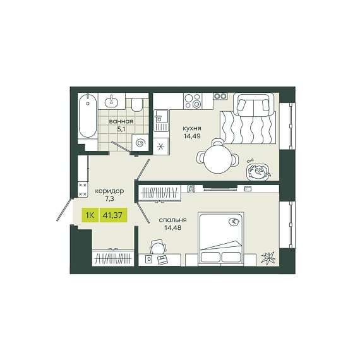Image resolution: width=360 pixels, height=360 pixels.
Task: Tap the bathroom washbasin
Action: (x=112, y=101)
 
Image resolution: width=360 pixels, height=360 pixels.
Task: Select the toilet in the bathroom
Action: (x=137, y=104)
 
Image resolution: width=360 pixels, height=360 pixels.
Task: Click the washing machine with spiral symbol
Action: (x=140, y=143)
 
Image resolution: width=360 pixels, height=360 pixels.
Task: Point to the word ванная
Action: (x=121, y=121)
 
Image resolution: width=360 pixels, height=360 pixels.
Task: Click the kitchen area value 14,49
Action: (x=192, y=136)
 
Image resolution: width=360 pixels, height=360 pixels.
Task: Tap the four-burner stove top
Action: (x=193, y=101)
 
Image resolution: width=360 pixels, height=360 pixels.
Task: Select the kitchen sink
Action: (x=161, y=121)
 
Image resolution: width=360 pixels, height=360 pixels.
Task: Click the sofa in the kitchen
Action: (x=254, y=105)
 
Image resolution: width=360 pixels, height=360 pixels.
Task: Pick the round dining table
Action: (x=218, y=159)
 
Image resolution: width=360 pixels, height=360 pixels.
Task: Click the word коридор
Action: (x=109, y=191)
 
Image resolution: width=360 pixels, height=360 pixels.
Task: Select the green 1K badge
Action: (x=90, y=215)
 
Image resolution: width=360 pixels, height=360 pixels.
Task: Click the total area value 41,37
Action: (x=113, y=215)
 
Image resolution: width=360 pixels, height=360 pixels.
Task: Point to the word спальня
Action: (x=172, y=220)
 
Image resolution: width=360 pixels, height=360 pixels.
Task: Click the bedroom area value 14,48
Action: (x=172, y=228)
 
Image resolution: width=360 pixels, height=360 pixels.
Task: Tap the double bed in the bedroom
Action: (x=220, y=239)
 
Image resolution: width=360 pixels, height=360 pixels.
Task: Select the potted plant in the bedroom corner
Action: (x=268, y=258)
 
